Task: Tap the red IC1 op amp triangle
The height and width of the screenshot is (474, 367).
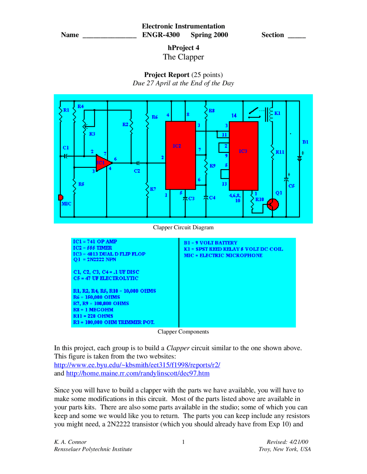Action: coord(102,163)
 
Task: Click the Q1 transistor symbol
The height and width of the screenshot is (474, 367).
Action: coord(272,204)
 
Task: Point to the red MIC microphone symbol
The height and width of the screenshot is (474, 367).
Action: coord(60,197)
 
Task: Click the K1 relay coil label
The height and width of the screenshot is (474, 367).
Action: coord(277,113)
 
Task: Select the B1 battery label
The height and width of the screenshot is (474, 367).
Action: coord(305,142)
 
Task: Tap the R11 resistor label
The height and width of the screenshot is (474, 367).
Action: coord(280,152)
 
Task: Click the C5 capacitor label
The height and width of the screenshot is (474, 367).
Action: coord(291,186)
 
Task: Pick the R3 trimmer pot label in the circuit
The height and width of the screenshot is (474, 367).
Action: coord(92,134)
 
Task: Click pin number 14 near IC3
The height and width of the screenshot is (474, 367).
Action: coord(234,116)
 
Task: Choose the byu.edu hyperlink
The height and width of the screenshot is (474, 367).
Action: coord(137,365)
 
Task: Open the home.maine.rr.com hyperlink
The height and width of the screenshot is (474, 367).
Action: coord(138,373)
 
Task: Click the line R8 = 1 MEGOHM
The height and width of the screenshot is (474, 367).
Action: coord(93,310)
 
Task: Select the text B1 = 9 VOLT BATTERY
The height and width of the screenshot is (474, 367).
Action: coord(210,243)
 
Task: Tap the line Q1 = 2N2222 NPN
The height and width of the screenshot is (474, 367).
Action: coord(95,260)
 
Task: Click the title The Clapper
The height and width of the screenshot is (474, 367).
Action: coord(183,57)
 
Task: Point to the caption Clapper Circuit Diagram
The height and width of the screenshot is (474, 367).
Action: coord(183,227)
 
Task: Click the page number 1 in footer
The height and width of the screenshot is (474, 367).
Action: coord(183,442)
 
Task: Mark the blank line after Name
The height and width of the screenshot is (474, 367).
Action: coord(110,35)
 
